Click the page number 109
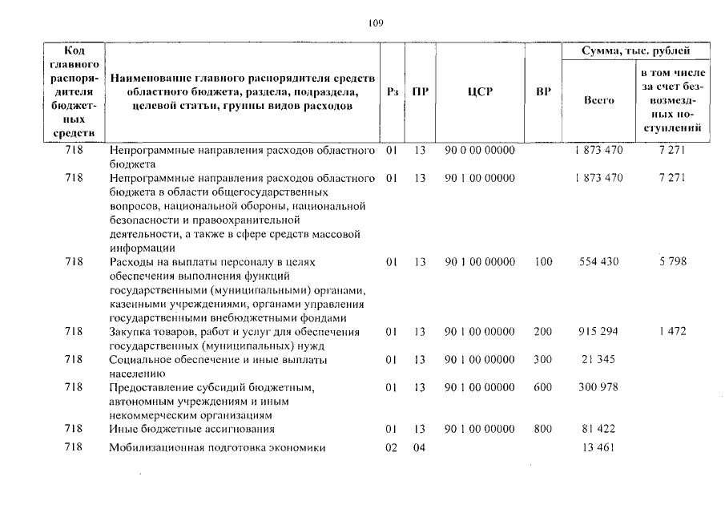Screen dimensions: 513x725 click(x=377, y=23)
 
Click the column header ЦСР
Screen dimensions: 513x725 click(x=479, y=92)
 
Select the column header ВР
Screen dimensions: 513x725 click(x=542, y=92)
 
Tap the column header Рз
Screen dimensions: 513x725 click(x=392, y=92)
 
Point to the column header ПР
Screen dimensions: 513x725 click(x=418, y=92)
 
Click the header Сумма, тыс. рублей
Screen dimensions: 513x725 click(x=636, y=51)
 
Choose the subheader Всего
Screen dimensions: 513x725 click(x=598, y=100)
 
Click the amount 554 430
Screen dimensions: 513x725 click(x=598, y=262)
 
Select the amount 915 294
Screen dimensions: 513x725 click(x=598, y=332)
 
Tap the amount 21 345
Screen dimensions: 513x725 click(x=598, y=360)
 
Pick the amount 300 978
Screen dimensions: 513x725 click(x=598, y=388)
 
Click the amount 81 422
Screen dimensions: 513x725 click(x=598, y=430)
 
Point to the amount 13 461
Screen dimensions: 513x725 click(x=598, y=448)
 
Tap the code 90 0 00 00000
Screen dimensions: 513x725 click(x=479, y=150)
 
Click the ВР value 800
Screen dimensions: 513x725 click(x=542, y=430)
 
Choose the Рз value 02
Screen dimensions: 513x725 click(x=391, y=448)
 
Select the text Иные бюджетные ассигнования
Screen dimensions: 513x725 click(x=187, y=430)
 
